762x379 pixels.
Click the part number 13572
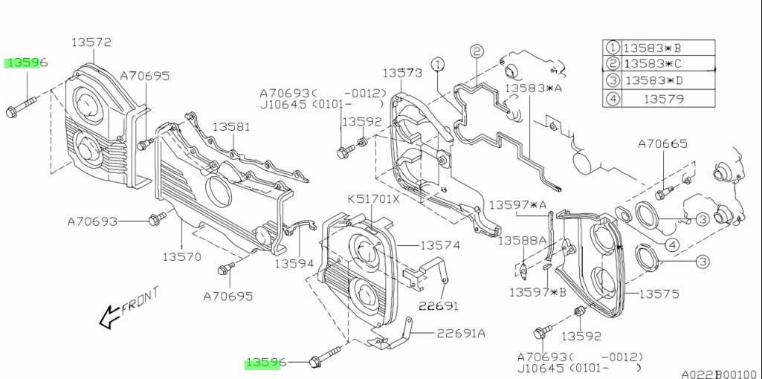[x=91, y=42]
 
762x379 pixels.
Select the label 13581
[x=231, y=127]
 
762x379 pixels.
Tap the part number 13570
[x=181, y=256]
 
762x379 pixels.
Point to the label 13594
[x=294, y=263]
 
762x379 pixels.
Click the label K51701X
[x=373, y=199]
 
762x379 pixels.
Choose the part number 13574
[x=440, y=245]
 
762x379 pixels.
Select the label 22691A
[x=460, y=334]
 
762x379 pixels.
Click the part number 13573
[x=402, y=73]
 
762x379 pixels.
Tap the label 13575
[x=659, y=294]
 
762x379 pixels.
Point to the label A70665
[x=662, y=144]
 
